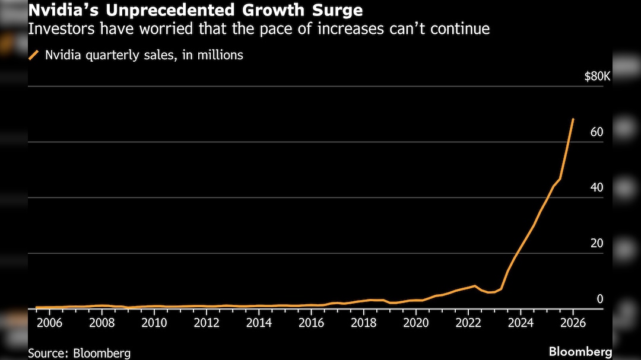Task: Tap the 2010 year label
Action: pyautogui.click(x=154, y=323)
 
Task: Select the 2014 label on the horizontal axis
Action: pyautogui.click(x=259, y=323)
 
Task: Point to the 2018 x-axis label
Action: pyautogui.click(x=363, y=323)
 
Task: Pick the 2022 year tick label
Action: pyautogui.click(x=468, y=323)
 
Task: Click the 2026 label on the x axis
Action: pyautogui.click(x=573, y=323)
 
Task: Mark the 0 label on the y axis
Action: pyautogui.click(x=599, y=299)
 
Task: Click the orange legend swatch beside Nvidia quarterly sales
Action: pyautogui.click(x=33, y=56)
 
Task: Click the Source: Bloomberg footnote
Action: pyautogui.click(x=79, y=353)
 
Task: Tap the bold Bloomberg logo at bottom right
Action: pyautogui.click(x=580, y=352)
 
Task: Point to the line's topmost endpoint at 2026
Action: pyautogui.click(x=573, y=119)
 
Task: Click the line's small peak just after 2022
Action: pyautogui.click(x=474, y=286)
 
